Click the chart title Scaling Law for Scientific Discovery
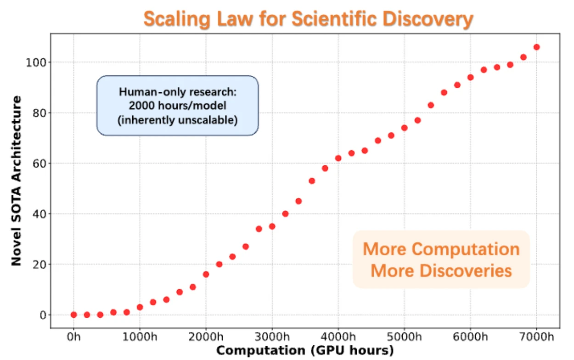tap(308, 19)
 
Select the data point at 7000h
tap(536, 47)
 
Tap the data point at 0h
tap(73, 315)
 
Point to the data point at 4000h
tap(338, 158)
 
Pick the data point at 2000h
tap(206, 274)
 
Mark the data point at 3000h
tap(272, 226)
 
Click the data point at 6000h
tap(470, 77)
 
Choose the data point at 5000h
tap(404, 128)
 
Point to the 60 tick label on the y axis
tap(40, 163)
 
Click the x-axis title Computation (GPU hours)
tap(305, 351)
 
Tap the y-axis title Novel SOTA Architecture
tap(17, 180)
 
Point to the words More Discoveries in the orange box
tap(441, 270)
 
